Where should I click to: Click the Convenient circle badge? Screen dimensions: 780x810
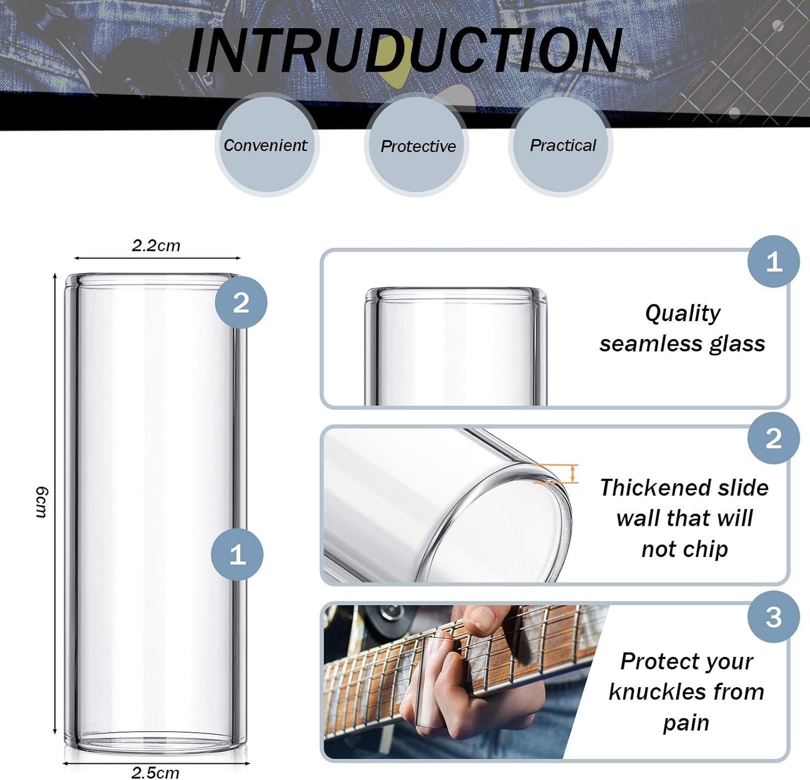[x=266, y=145]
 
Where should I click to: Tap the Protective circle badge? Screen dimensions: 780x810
[x=417, y=146]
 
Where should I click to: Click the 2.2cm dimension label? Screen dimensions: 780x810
[x=156, y=246]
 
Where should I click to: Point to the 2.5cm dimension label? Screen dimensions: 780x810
[x=156, y=772]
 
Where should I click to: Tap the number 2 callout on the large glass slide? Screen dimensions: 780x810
[x=241, y=302]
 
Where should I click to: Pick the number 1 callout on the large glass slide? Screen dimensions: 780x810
[x=237, y=554]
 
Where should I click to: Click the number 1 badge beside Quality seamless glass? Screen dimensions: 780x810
[x=773, y=262]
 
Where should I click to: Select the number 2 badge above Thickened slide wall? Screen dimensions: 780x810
[x=773, y=438]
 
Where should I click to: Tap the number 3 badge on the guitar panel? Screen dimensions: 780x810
[x=773, y=617]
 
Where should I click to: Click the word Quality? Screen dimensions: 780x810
[x=683, y=313]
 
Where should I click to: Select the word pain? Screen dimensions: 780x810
[x=686, y=722]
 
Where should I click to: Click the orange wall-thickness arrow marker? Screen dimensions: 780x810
[x=573, y=473]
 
